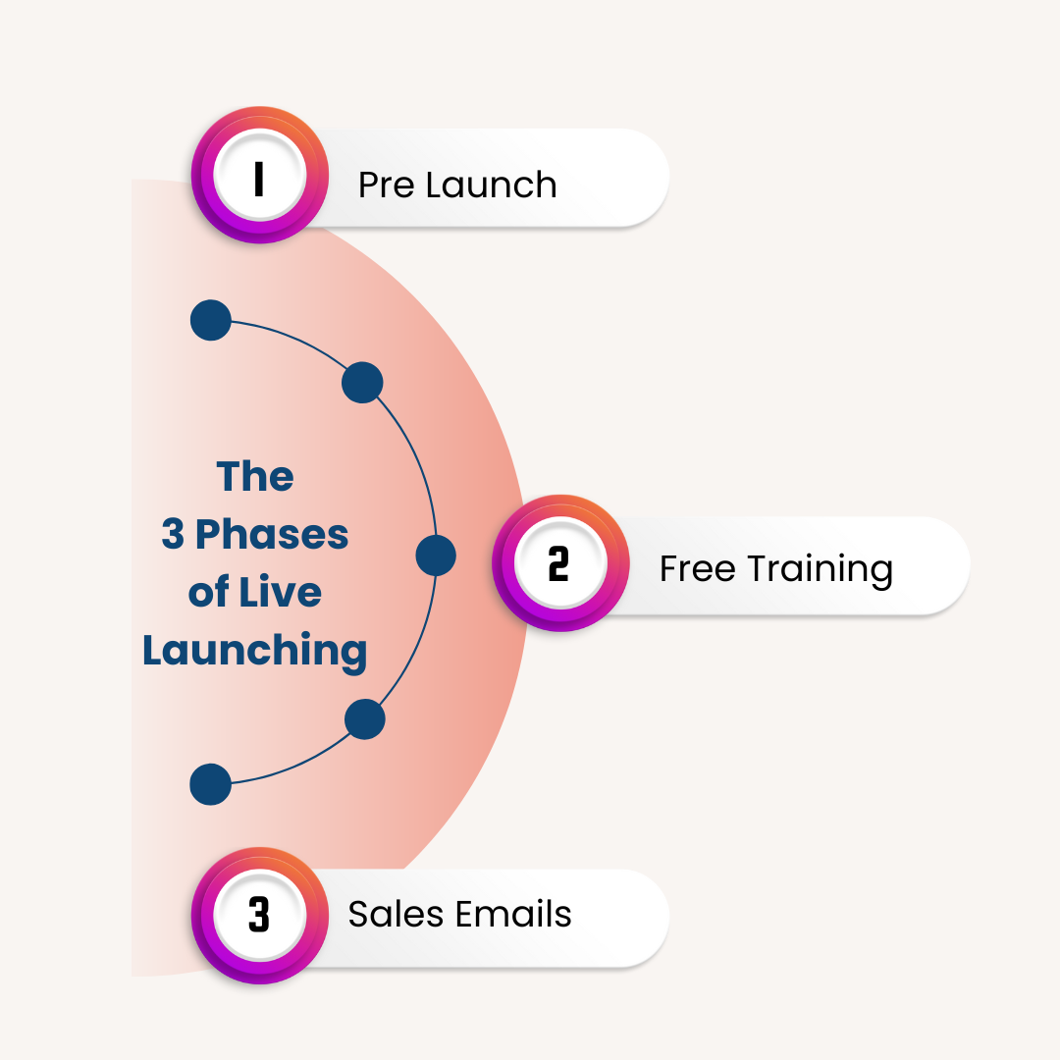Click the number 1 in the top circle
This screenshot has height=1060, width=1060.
click(x=259, y=180)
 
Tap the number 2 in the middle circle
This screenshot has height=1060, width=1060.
click(x=558, y=564)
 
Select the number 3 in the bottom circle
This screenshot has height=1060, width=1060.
click(x=259, y=915)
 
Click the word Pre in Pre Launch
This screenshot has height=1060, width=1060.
click(x=386, y=185)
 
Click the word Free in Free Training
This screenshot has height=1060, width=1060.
click(x=696, y=568)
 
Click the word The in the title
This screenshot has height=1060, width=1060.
click(x=255, y=477)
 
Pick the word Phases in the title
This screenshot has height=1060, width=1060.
click(x=272, y=536)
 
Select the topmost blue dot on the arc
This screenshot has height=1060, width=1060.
click(x=210, y=320)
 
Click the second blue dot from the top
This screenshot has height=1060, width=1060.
click(x=362, y=382)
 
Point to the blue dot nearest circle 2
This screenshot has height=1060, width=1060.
click(x=436, y=556)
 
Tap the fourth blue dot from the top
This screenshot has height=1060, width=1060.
click(x=365, y=719)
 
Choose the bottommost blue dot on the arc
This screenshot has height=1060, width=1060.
click(x=210, y=785)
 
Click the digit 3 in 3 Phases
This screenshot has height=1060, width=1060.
click(x=173, y=536)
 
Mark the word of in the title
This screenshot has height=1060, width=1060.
click(x=209, y=593)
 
